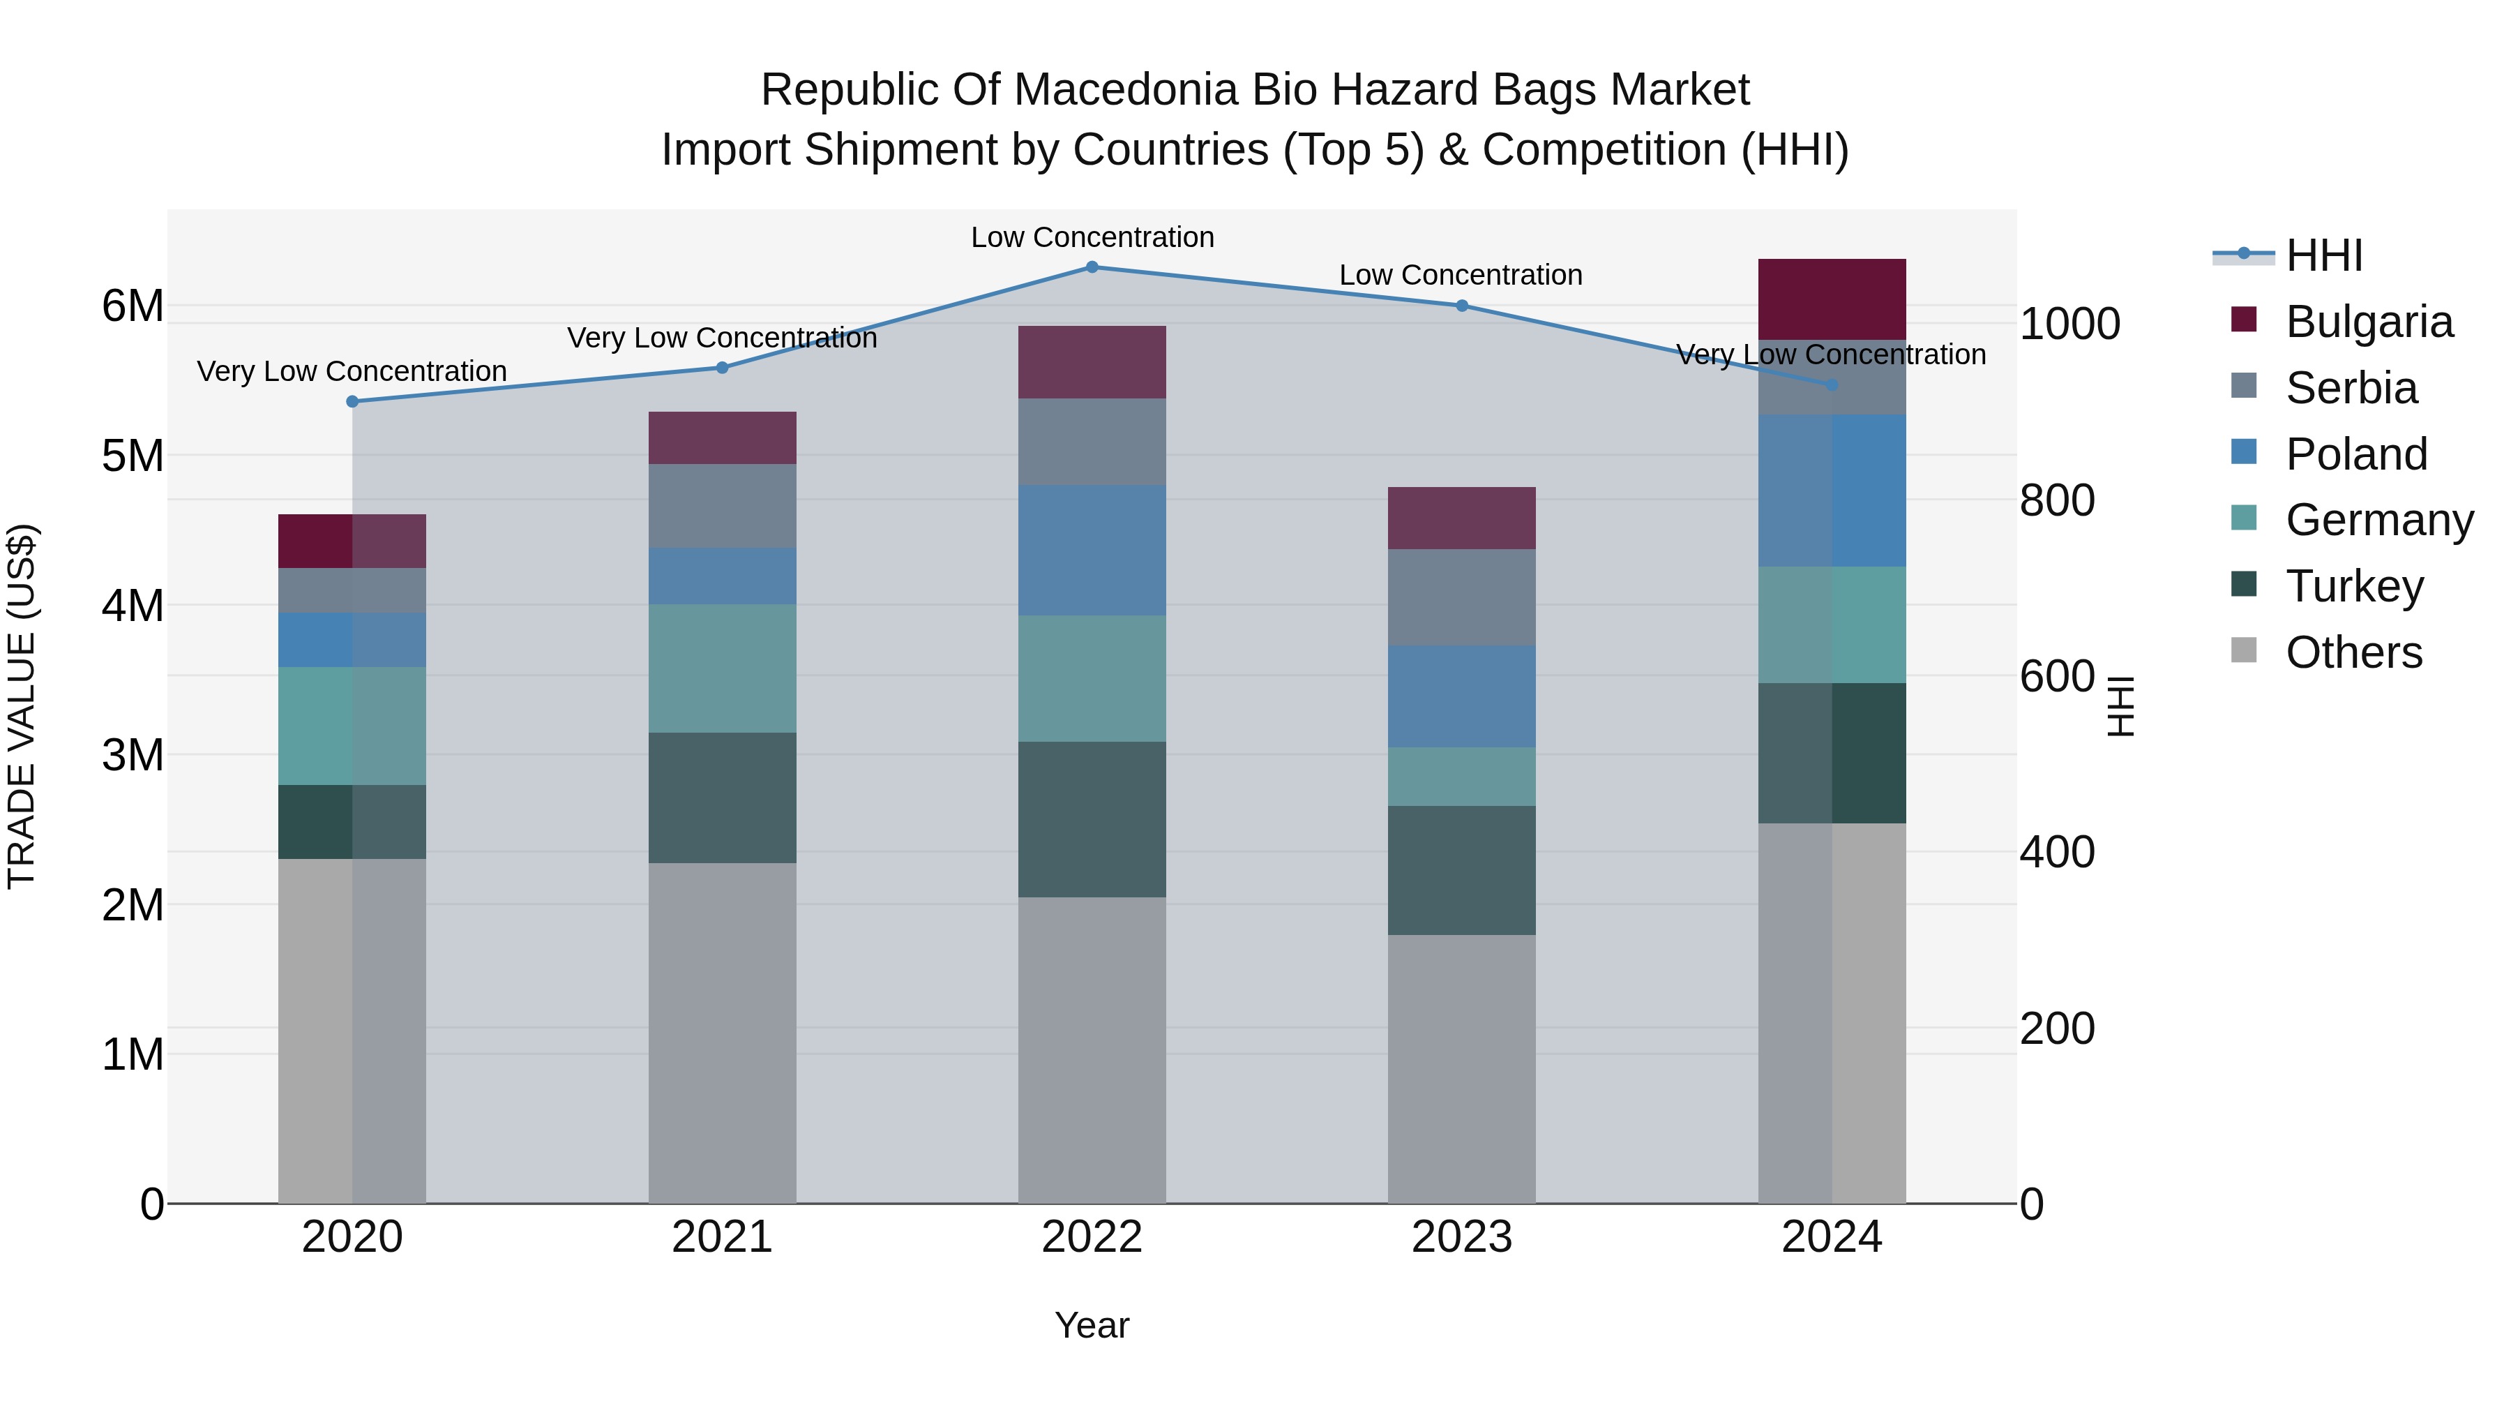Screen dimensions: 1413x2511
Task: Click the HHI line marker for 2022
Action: (1092, 267)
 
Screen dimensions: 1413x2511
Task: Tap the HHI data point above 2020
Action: (353, 402)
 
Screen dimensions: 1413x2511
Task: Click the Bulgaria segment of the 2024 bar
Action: (1832, 299)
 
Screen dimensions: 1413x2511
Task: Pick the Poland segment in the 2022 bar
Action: (1092, 550)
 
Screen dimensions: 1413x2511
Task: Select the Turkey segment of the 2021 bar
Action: (723, 798)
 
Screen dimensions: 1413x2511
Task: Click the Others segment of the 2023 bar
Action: (1461, 1069)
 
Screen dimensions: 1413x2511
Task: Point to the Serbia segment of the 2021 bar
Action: (723, 506)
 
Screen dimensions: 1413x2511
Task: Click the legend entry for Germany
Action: (2378, 521)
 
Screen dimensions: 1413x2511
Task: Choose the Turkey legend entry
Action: (2354, 587)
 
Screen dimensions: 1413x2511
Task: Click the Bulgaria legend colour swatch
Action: (2244, 320)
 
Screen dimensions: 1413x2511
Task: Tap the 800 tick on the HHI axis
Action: (2057, 501)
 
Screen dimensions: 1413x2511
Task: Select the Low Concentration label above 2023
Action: (1460, 276)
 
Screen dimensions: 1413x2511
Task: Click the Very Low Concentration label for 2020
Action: (352, 371)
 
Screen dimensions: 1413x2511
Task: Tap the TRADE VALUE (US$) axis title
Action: (22, 706)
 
